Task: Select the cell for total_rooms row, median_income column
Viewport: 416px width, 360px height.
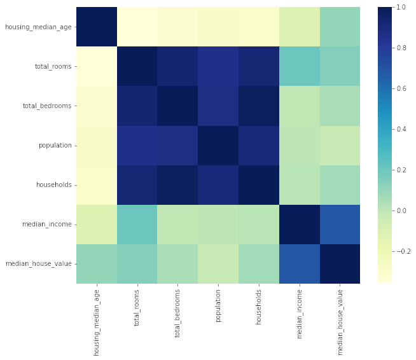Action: coord(296,66)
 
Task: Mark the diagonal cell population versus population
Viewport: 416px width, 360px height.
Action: coord(218,146)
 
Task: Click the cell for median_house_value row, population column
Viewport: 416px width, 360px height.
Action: coord(218,264)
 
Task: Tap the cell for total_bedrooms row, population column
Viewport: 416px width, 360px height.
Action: coord(218,106)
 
